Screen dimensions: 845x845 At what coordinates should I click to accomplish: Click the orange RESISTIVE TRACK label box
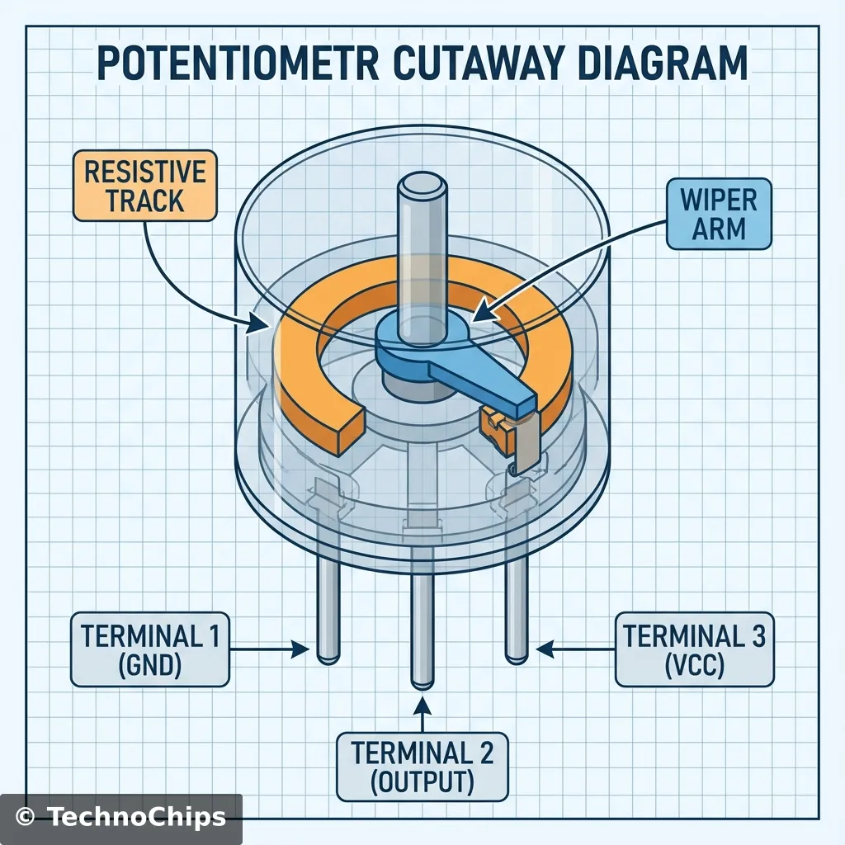point(145,186)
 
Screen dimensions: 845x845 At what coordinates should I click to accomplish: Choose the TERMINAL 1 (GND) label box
point(149,649)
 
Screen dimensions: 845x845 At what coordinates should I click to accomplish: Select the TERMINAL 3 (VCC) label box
point(694,649)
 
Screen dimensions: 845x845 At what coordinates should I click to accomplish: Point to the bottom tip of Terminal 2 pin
point(422,684)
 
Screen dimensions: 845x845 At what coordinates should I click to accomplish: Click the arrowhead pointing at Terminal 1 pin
point(301,650)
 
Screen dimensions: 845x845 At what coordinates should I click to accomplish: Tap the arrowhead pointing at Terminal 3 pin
point(545,650)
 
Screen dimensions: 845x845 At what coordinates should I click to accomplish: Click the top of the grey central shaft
point(422,184)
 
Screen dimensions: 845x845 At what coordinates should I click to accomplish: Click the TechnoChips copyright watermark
point(121,817)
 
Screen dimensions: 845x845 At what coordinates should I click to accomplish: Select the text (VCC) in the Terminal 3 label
point(694,665)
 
